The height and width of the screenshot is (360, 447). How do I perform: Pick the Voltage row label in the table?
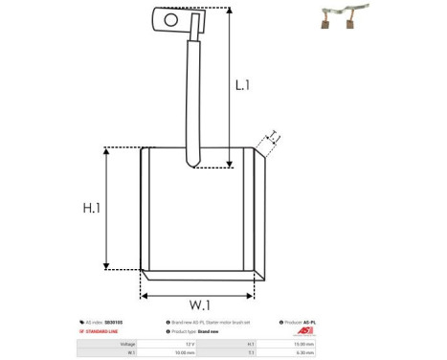[126, 343]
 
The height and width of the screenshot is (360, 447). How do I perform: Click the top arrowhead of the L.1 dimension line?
[231, 9]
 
